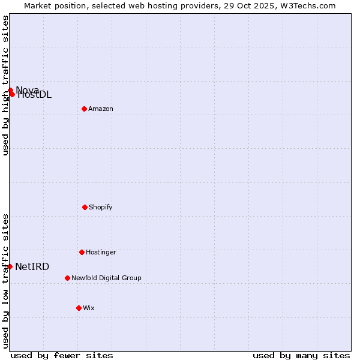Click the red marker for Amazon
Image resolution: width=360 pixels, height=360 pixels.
point(84,109)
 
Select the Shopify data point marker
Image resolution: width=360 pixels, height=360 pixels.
point(85,207)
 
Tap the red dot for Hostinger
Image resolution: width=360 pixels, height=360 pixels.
point(82,252)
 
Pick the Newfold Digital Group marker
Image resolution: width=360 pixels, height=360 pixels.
point(67,278)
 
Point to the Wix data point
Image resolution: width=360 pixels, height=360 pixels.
point(79,308)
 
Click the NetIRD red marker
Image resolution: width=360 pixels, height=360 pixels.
point(10,266)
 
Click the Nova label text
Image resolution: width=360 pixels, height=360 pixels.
point(28,90)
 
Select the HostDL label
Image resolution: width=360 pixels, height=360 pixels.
point(34,95)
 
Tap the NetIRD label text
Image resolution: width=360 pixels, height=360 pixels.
point(32,267)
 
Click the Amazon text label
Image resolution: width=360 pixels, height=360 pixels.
point(101,109)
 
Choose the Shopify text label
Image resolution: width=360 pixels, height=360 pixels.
point(101,207)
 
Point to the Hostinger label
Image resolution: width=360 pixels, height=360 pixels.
point(101,252)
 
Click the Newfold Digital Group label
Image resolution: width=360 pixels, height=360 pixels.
point(106,278)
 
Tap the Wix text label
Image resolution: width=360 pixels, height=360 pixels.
point(89,308)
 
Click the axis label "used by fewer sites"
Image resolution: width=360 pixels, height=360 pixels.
point(62,355)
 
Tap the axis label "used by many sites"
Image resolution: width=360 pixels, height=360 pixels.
point(301,355)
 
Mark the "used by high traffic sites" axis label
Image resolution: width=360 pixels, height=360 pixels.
point(5,85)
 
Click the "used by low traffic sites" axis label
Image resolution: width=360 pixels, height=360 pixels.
point(5,281)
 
